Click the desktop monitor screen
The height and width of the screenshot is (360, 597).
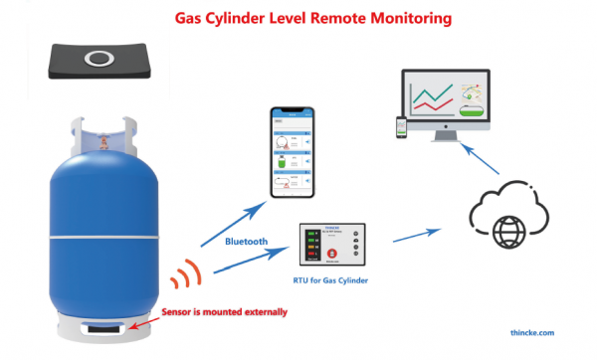click(x=444, y=99)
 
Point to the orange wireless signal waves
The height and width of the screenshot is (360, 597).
click(x=182, y=273)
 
